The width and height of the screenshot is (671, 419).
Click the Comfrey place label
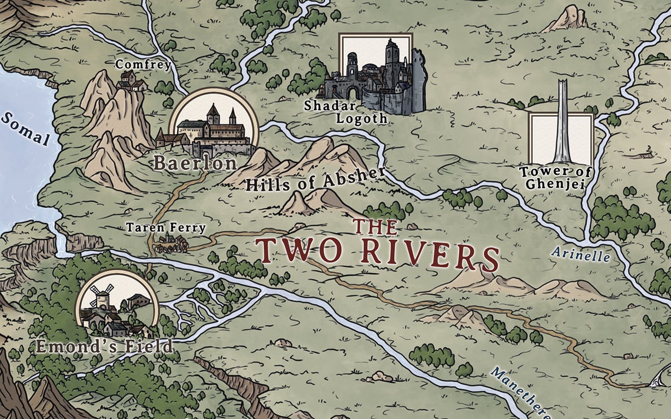click(142, 64)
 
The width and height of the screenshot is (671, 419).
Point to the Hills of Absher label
click(315, 178)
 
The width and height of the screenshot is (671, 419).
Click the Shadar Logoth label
click(345, 112)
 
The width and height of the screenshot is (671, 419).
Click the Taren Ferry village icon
click(171, 243)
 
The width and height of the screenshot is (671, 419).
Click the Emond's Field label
click(105, 346)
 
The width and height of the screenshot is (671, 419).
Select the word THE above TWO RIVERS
click(374, 227)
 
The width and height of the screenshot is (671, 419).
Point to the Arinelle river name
click(582, 254)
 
